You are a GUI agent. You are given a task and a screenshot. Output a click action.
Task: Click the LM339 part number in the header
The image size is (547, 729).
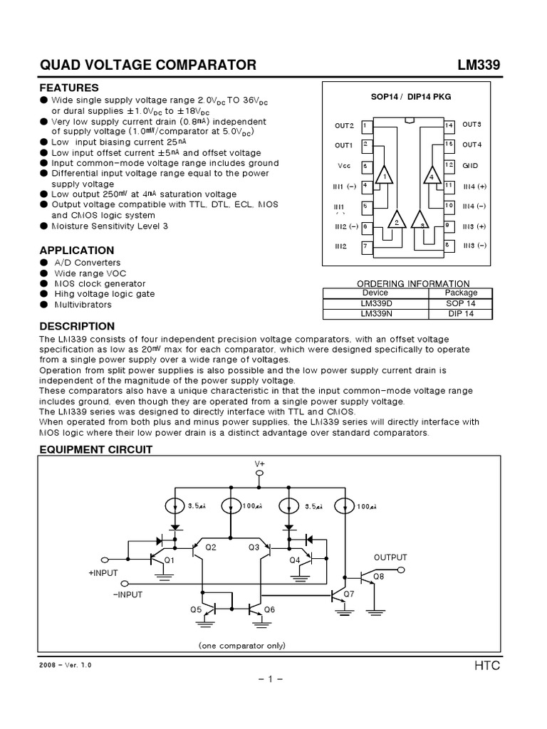pyautogui.click(x=479, y=65)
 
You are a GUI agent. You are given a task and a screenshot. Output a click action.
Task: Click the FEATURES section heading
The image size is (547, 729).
pyautogui.click(x=68, y=88)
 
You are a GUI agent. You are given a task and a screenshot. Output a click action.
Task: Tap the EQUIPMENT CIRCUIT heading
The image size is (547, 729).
pyautogui.click(x=95, y=450)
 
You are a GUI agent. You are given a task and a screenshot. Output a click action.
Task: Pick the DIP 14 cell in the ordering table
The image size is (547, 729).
pyautogui.click(x=461, y=313)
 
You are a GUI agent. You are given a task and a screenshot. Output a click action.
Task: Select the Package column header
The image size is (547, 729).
pyautogui.click(x=461, y=293)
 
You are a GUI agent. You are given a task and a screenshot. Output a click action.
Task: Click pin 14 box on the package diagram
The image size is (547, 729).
pyautogui.click(x=449, y=125)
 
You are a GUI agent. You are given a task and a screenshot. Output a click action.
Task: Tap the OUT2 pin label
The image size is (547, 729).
pyautogui.click(x=344, y=126)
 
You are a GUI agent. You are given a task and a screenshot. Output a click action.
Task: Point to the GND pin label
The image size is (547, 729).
pyautogui.click(x=470, y=165)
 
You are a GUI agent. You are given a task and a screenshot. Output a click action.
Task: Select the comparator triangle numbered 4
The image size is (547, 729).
pyautogui.click(x=432, y=175)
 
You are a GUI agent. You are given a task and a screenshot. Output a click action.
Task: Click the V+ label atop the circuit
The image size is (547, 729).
pyautogui.click(x=259, y=463)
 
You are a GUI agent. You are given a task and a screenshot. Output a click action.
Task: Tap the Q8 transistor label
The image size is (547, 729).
pyautogui.click(x=378, y=577)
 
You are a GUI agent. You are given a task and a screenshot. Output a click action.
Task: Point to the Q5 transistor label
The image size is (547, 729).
pyautogui.click(x=196, y=609)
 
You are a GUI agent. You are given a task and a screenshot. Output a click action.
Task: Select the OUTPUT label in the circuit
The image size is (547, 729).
pyautogui.click(x=390, y=557)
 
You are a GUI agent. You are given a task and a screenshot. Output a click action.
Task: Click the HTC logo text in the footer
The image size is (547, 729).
pyautogui.click(x=487, y=666)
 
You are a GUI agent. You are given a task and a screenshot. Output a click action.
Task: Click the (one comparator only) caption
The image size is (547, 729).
pyautogui.click(x=242, y=646)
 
